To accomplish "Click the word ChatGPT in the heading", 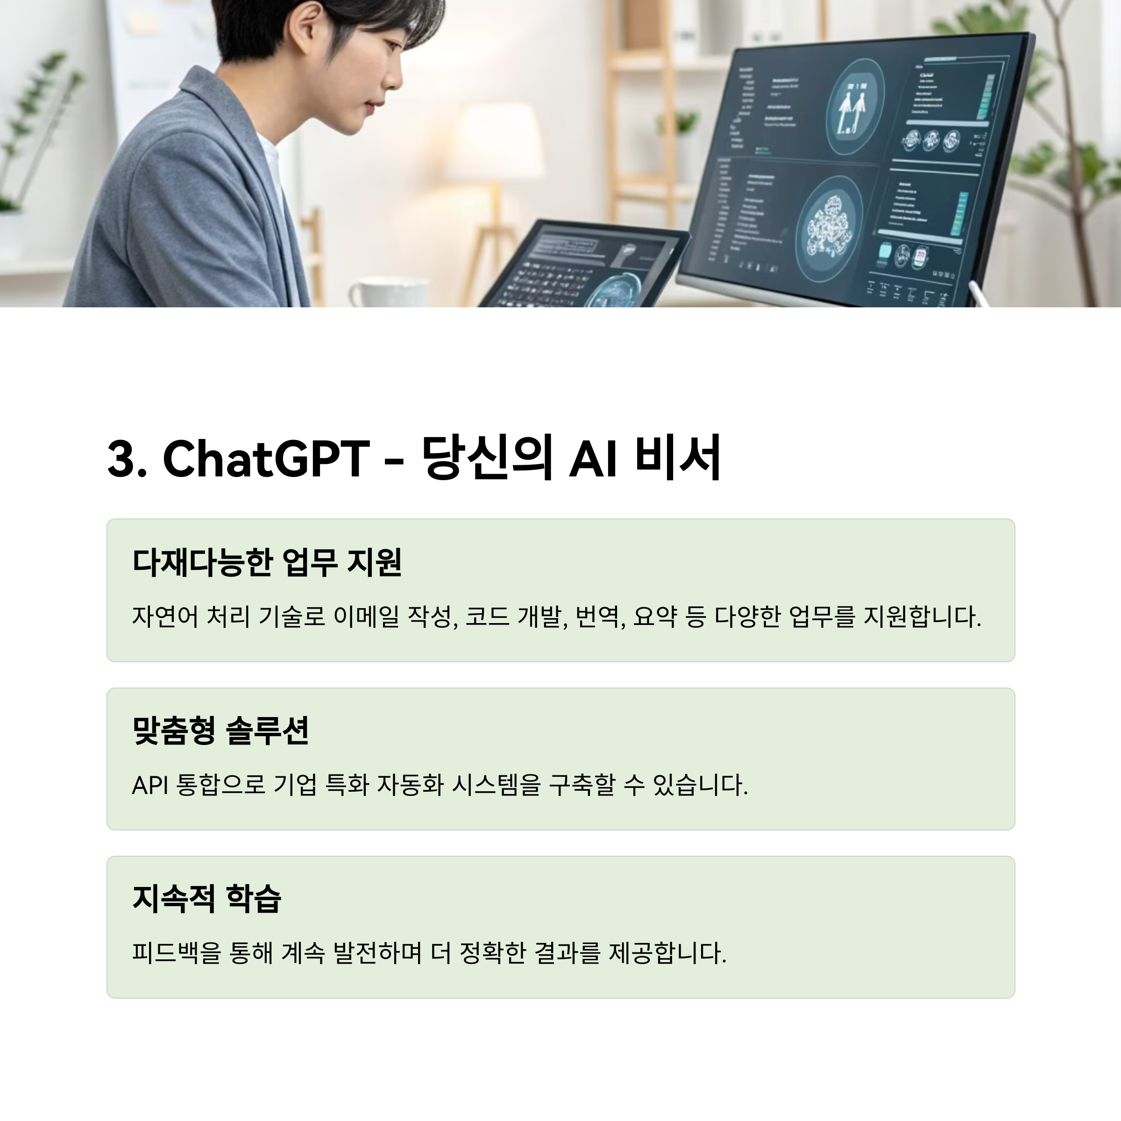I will tap(266, 458).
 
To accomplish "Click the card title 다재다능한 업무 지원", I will tap(267, 561).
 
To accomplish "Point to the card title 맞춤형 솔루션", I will tap(220, 730).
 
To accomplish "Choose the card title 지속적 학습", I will tap(206, 898).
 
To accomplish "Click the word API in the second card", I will tap(149, 786).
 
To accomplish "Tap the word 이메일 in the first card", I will tap(366, 616).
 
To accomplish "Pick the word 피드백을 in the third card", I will tap(177, 953).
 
